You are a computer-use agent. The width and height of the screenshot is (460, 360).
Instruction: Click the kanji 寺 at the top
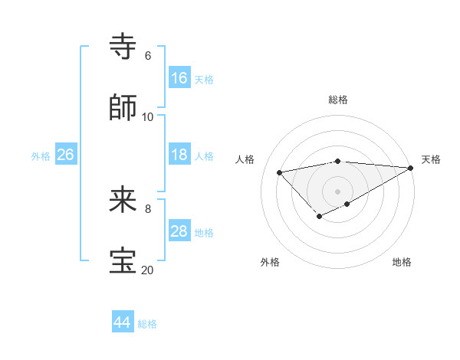(123, 46)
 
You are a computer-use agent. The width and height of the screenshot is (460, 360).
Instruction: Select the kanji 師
(123, 107)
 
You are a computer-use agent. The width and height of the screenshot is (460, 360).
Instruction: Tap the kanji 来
(123, 201)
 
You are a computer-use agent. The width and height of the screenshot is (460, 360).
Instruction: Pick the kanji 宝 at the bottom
(123, 261)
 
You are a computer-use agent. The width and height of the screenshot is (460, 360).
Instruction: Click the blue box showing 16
(179, 78)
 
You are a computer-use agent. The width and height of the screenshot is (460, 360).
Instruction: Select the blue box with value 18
(179, 155)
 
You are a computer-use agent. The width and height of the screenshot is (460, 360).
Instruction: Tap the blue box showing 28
(179, 231)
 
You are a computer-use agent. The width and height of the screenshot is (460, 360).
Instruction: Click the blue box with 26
(65, 155)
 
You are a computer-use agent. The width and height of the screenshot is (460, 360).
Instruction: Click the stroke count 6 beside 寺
(147, 56)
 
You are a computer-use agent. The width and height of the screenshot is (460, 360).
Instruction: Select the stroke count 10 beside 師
(147, 117)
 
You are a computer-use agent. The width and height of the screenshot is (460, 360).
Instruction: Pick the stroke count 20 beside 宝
(147, 270)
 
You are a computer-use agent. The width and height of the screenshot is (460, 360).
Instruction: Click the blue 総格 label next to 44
(147, 324)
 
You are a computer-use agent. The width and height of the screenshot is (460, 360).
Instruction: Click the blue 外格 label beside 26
(41, 156)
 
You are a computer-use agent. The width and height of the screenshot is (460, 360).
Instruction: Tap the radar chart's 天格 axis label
(431, 159)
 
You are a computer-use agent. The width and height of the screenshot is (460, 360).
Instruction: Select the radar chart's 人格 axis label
(245, 159)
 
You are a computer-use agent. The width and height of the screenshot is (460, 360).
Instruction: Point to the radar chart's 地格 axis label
(402, 262)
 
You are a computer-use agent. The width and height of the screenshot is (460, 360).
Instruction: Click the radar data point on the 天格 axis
(411, 168)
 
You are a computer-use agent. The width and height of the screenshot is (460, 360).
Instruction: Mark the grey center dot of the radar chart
(338, 191)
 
